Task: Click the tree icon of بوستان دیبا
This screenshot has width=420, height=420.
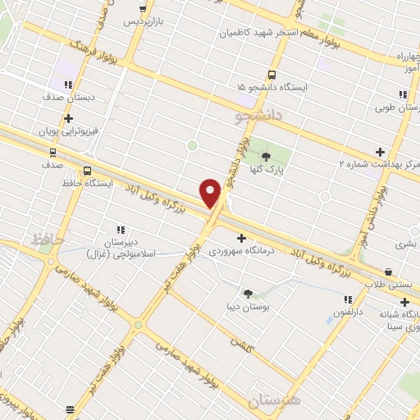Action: point(247,293)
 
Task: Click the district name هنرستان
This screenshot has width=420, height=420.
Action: point(274,399)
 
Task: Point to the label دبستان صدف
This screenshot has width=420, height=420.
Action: point(70,96)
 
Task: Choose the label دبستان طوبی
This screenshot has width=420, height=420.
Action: point(397,107)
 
